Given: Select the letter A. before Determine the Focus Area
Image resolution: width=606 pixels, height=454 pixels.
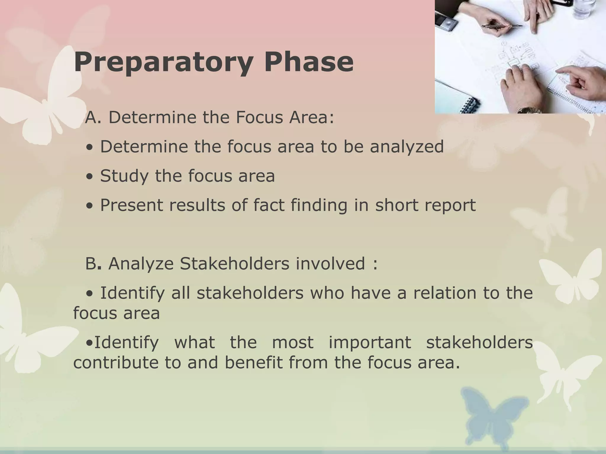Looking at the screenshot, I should click(x=93, y=118).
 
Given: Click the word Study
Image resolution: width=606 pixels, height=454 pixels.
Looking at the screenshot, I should click(x=124, y=176).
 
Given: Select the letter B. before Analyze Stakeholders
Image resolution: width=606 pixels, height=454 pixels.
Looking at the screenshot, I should click(x=93, y=264).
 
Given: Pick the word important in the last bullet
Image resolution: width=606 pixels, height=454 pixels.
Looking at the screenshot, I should click(x=370, y=343).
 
